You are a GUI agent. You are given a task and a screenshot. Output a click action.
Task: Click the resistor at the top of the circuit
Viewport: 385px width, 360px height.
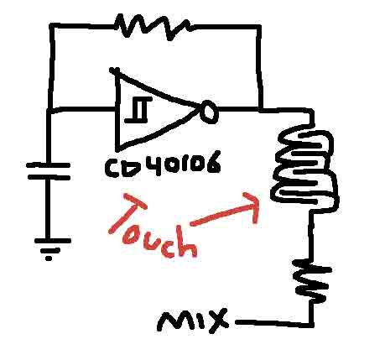[153, 27]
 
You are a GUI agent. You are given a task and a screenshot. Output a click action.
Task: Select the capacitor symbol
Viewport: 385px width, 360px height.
[48, 171]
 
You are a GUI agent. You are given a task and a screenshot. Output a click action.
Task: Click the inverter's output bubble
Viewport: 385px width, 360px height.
[209, 112]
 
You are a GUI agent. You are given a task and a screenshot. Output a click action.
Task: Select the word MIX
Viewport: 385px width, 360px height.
[193, 321]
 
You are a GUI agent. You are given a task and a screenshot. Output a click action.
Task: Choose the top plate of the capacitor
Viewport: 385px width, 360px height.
[48, 165]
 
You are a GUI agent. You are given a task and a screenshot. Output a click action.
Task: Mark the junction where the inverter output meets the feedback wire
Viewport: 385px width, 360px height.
[260, 109]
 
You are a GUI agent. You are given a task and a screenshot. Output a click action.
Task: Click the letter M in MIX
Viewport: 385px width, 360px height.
[174, 321]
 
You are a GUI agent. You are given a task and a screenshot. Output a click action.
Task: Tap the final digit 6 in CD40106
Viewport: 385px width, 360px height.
[212, 164]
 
